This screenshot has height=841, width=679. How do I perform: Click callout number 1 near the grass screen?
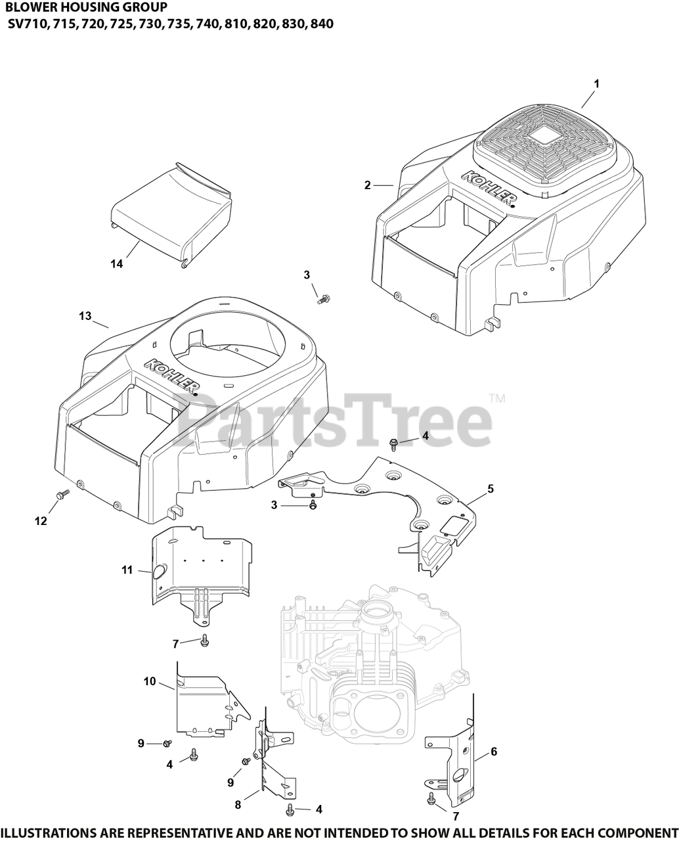596,83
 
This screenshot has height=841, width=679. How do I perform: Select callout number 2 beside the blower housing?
368,185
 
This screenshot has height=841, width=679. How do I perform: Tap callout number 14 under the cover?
117,263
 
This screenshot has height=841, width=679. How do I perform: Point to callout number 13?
85,316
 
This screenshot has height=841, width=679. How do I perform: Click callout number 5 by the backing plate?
490,489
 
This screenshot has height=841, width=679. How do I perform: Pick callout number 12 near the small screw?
41,520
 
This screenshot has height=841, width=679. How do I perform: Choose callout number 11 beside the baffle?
127,570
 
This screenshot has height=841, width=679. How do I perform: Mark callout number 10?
150,681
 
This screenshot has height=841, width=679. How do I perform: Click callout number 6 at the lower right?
493,752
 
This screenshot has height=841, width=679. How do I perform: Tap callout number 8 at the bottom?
238,804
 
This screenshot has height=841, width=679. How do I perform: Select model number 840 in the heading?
322,24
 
